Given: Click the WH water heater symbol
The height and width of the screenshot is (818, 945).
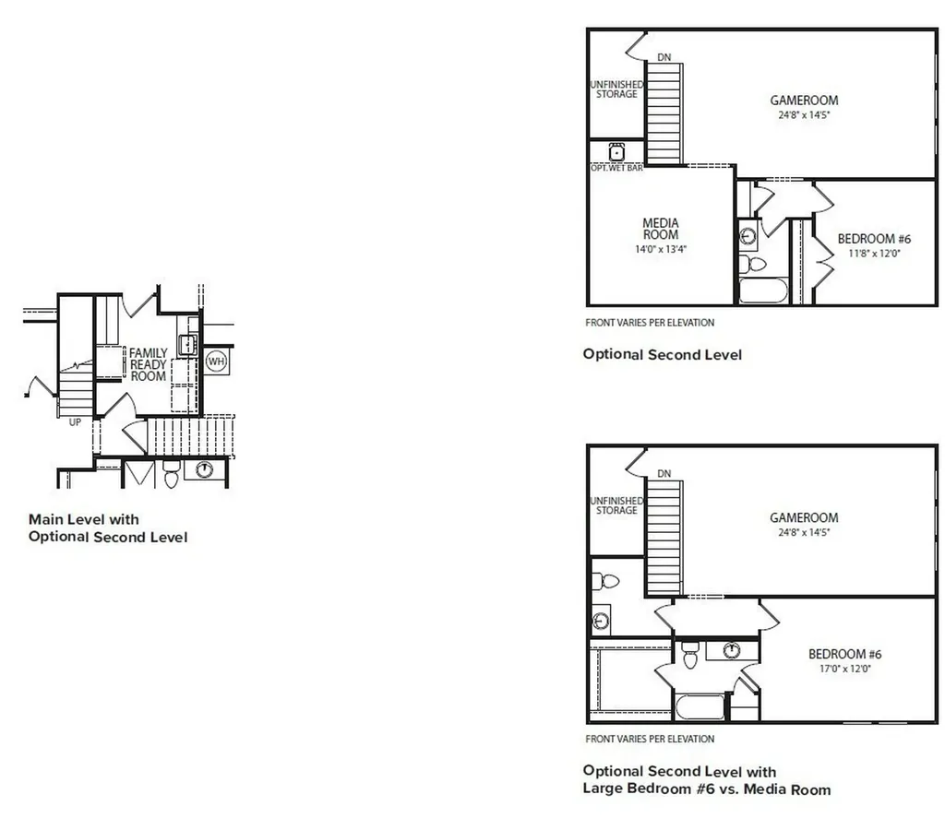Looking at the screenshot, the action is click(x=216, y=362).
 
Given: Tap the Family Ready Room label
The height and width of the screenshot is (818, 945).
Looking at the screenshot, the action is click(x=149, y=364).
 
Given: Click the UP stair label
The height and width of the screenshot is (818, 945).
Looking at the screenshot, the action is click(x=75, y=422).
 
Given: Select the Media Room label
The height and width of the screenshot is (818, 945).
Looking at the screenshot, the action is click(x=661, y=229).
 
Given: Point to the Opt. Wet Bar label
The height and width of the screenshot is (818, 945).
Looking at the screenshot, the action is click(x=616, y=168).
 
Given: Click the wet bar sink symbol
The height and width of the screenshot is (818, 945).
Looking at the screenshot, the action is click(x=616, y=152).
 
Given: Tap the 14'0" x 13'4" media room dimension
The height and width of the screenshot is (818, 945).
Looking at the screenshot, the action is click(x=661, y=249).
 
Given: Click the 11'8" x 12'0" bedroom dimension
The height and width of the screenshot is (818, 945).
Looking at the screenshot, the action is click(x=874, y=254).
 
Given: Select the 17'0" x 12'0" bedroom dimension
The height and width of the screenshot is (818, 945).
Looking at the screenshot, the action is click(x=845, y=669).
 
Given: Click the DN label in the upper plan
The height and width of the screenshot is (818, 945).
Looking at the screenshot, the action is click(x=664, y=57).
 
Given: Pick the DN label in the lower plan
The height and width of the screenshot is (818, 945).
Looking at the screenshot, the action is click(x=664, y=473).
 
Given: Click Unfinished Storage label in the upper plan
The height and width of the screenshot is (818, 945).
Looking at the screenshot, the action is click(x=616, y=89).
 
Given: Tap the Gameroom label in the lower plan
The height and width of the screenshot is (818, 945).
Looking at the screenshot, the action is click(x=804, y=517).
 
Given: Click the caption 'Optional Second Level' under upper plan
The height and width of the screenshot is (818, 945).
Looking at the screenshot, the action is click(x=663, y=354).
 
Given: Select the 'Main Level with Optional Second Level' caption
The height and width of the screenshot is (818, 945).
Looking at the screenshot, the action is click(x=108, y=528).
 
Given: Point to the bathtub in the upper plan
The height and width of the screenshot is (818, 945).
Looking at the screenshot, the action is click(x=763, y=290).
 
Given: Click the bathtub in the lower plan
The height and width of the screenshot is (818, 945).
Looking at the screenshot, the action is click(x=700, y=707).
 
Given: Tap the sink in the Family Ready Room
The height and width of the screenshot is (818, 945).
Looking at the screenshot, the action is click(x=187, y=345).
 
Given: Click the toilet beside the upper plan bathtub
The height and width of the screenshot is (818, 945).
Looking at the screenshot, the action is click(x=752, y=264).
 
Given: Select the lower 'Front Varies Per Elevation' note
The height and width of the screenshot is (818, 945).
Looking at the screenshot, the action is click(x=650, y=739).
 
